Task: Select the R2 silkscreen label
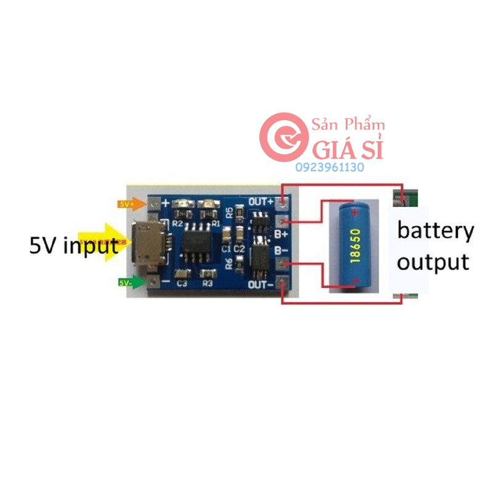(178, 224)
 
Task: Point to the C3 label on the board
(182, 284)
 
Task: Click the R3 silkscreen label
(207, 284)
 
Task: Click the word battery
(435, 232)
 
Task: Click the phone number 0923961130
(330, 168)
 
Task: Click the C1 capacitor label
(226, 248)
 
